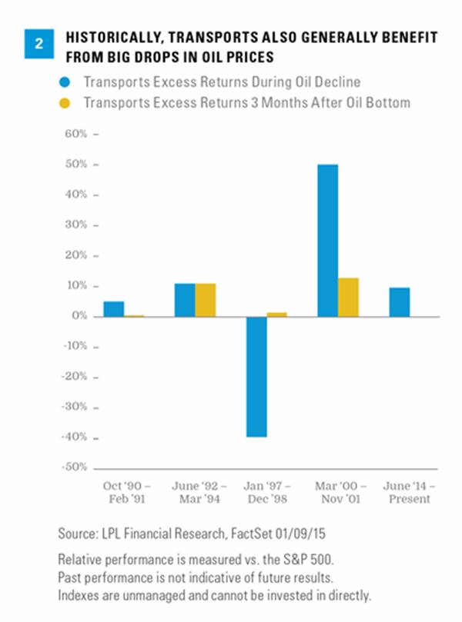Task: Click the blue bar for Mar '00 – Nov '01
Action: [x=327, y=240]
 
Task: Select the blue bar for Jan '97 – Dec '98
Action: [x=256, y=377]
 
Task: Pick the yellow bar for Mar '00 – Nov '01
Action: [x=348, y=297]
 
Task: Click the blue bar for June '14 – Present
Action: [x=400, y=302]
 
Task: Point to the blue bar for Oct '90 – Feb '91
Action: [x=114, y=308]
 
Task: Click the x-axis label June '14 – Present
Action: [x=410, y=492]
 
